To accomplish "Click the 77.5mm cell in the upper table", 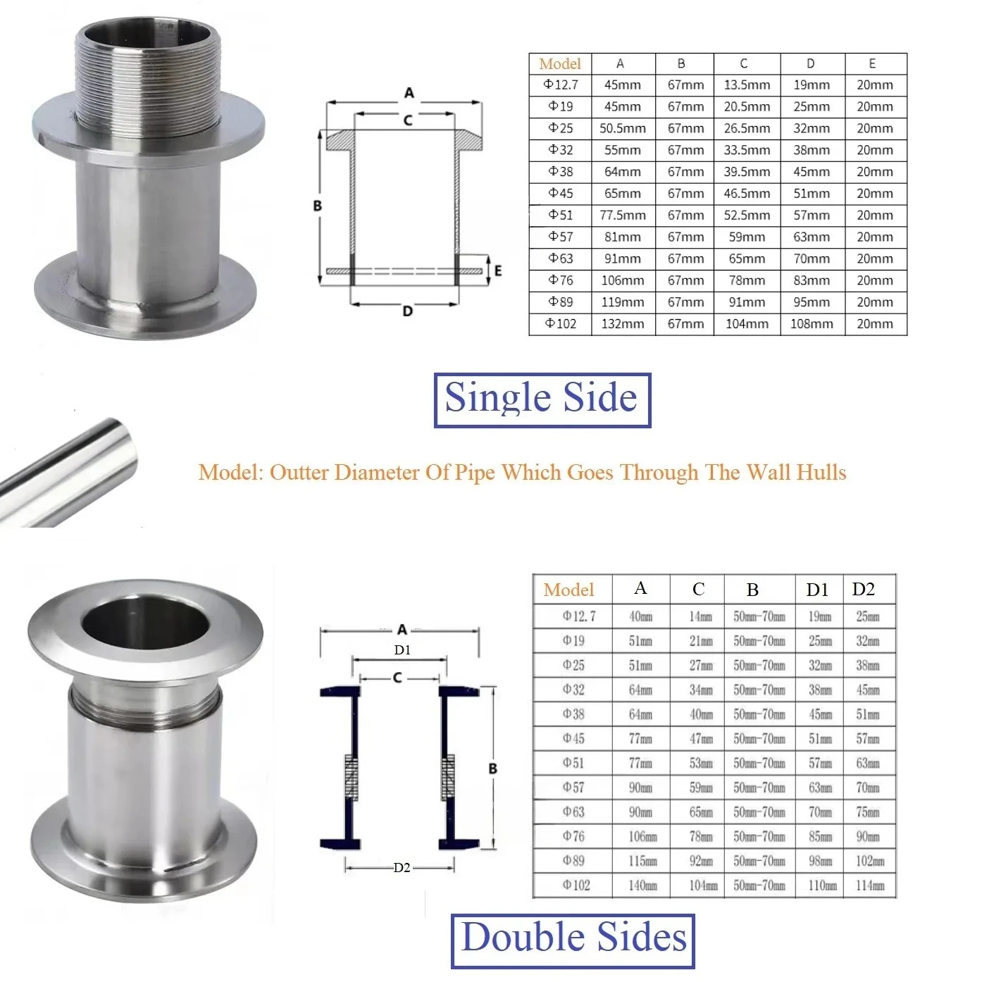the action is (x=622, y=215).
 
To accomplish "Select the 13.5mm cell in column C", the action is (x=747, y=85).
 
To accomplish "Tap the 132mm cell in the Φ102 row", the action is (x=622, y=323).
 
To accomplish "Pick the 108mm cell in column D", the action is (x=812, y=323).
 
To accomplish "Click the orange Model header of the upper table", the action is (x=559, y=63).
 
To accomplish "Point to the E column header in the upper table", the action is (x=872, y=63).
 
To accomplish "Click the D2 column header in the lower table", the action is (x=863, y=589).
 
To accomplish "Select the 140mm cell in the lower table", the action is (x=642, y=885).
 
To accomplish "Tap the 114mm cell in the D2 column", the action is (x=870, y=885).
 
